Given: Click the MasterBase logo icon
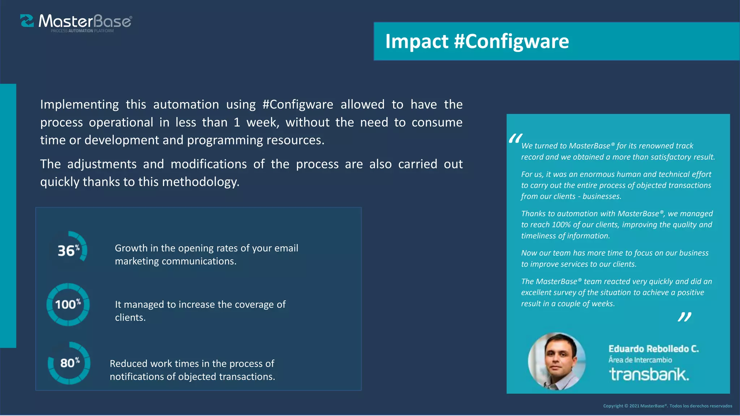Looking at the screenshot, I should coord(27,21).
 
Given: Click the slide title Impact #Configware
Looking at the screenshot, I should coord(477,41).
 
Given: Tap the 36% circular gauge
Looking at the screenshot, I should coord(69,250).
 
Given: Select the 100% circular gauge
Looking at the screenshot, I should coord(68,304).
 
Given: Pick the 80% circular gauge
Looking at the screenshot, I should coord(69,363).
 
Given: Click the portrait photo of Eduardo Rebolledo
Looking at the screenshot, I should coord(557,361).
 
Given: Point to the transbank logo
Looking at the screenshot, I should coord(649,374).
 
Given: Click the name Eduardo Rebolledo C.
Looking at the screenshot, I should coord(654,349).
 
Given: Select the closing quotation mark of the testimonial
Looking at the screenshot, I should coord(684,317).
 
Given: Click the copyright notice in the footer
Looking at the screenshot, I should coord(667,406).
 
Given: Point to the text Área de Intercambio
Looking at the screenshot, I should coord(640,360).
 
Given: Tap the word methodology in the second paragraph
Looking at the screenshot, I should coord(201,182).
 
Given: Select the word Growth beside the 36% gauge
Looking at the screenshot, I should coord(131,248).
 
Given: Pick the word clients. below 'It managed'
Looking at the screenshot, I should coord(130,318).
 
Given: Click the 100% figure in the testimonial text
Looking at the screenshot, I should coord(561,225).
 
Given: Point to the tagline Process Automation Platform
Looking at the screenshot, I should coord(82,31).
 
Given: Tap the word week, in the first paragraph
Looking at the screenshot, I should coord(263,122).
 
